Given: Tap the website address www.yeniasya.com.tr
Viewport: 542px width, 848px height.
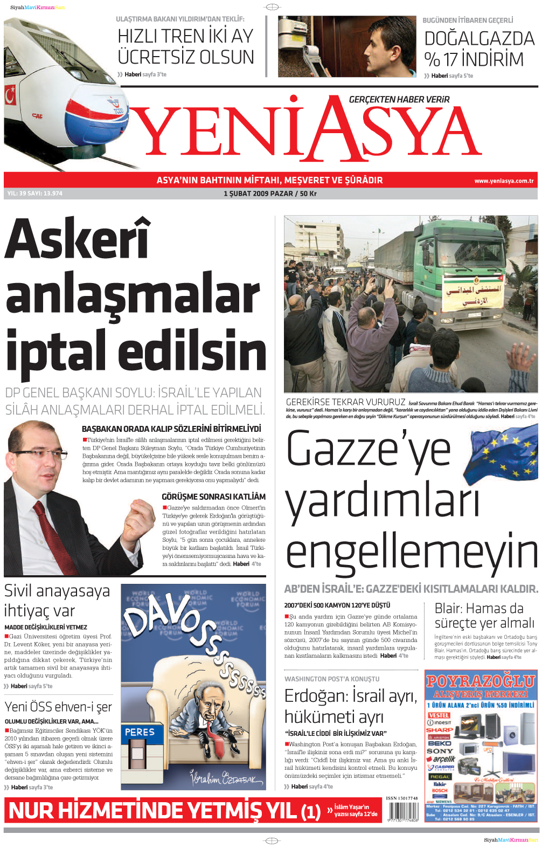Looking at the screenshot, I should point(504,181).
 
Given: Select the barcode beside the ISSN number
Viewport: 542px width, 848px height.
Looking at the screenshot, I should point(402,812).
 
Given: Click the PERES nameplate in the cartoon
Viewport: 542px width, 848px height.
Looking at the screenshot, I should point(140,732).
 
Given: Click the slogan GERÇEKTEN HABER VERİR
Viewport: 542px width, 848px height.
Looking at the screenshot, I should point(399,100).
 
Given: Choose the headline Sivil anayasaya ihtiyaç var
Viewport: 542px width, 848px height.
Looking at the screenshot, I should point(57,601).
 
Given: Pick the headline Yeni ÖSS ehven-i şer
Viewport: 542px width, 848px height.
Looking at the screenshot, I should point(58,707).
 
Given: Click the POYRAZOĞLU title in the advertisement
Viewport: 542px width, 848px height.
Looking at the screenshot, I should point(481,681).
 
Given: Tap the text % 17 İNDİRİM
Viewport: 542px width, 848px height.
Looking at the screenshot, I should point(474,59).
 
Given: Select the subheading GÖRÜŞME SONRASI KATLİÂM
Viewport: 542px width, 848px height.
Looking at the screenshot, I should point(213,497).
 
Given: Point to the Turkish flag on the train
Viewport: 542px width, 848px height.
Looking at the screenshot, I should point(10,96).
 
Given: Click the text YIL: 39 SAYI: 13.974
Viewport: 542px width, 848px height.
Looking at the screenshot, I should point(35,194).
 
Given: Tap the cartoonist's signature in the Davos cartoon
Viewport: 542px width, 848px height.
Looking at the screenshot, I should point(226,777).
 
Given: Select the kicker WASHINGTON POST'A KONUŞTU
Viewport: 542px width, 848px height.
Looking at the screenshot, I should point(332,679).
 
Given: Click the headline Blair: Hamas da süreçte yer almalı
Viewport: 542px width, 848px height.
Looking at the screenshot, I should point(484,616).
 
